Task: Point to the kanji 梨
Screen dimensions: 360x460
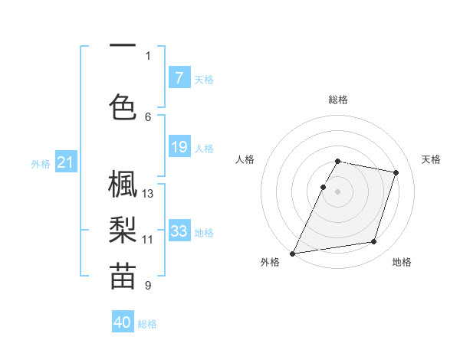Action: [123, 230]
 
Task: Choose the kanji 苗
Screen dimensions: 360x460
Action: [123, 277]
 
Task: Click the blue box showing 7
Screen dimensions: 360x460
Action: [179, 77]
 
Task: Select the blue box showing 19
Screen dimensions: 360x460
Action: [179, 146]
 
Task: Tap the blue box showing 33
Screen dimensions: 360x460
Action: [179, 231]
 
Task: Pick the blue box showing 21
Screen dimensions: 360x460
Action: [65, 162]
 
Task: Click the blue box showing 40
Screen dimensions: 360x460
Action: [123, 322]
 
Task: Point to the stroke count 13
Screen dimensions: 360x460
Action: [148, 194]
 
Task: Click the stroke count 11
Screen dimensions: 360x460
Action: [148, 240]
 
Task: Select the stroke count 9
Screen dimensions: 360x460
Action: [148, 286]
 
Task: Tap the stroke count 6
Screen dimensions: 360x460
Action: [148, 116]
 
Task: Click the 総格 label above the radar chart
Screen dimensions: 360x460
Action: [338, 100]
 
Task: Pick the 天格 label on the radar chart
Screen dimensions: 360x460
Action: [432, 159]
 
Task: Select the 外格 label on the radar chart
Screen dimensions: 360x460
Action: [270, 263]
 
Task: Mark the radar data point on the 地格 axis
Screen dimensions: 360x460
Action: [374, 242]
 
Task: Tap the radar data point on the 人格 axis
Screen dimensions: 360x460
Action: [323, 187]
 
